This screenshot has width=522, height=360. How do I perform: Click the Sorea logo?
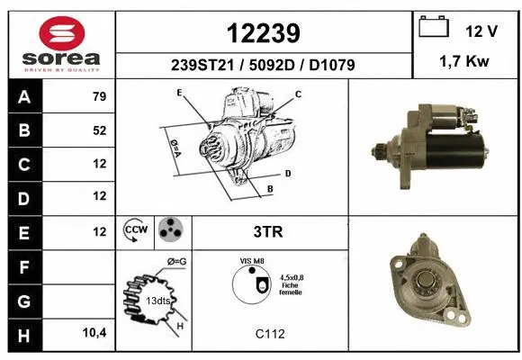59,44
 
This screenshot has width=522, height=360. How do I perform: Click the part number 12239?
262,33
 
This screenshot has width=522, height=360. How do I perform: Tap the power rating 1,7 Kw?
465,63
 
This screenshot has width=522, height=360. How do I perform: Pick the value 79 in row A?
99,97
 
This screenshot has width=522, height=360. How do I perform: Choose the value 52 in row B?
99,130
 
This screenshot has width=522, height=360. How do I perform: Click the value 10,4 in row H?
95,331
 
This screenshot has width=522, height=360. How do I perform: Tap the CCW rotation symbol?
135,231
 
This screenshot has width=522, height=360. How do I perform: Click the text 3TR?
269,231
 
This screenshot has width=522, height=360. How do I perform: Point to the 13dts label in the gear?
157,300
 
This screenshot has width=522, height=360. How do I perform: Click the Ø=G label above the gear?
177,262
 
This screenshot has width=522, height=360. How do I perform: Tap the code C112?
270,334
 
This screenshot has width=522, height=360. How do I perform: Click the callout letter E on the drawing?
180,93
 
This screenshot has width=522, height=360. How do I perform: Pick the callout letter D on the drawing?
287,172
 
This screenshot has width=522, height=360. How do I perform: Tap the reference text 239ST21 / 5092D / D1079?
262,65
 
